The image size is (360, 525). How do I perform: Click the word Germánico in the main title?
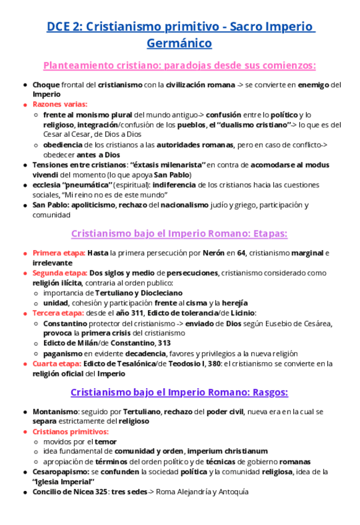(179, 43)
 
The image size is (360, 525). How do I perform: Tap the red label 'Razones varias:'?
(60, 105)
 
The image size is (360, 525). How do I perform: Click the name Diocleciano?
(157, 293)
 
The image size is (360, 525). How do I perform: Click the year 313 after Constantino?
(164, 343)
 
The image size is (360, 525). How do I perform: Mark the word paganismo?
(63, 353)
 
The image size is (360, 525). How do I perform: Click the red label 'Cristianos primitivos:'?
(71, 432)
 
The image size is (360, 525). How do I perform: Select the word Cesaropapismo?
(62, 472)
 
